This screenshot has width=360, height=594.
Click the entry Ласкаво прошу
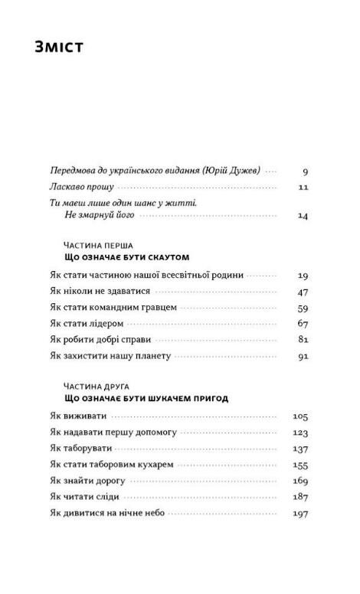click(81, 186)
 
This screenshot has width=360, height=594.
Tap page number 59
click(302, 307)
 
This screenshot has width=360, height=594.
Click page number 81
click(302, 339)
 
